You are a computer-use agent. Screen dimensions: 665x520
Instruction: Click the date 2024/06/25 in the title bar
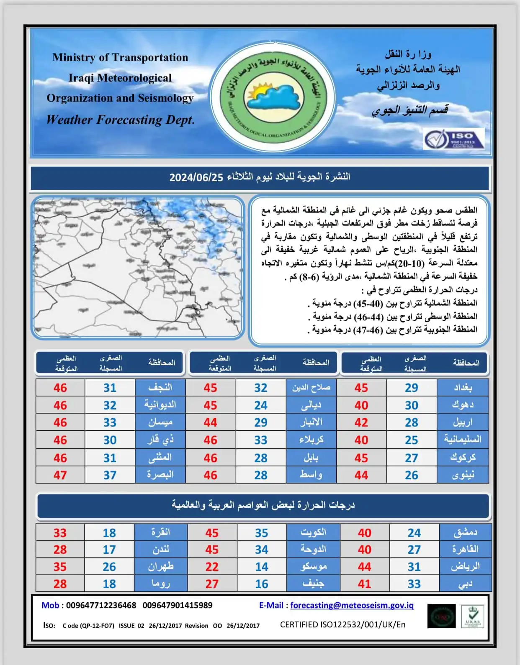point(196,177)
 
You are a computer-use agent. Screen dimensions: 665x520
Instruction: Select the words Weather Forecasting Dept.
point(121,120)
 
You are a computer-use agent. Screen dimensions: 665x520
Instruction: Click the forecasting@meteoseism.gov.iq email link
point(352,605)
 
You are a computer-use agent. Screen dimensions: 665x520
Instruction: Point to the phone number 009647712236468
point(101,605)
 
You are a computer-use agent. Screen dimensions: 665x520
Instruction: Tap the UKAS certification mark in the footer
point(472,616)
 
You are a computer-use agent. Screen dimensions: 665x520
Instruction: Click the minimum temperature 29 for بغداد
point(411,388)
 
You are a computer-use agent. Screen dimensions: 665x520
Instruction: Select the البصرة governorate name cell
point(160,475)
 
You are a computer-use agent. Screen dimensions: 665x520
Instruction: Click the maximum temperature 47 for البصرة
point(60,475)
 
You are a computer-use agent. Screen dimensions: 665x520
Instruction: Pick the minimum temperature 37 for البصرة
point(110,475)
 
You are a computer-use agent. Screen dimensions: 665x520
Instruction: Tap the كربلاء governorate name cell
point(311,440)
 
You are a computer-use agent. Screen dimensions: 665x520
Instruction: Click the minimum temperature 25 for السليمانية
point(411,440)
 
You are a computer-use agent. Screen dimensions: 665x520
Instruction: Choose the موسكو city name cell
point(313,567)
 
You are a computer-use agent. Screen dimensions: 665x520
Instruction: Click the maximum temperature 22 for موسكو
point(212,567)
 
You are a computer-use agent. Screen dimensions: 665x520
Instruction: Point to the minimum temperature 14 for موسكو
point(262,567)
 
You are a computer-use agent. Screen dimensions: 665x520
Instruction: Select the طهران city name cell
point(160,567)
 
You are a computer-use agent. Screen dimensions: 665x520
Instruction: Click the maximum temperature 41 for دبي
point(364,584)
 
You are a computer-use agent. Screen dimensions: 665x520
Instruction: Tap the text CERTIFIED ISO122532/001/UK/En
point(342,624)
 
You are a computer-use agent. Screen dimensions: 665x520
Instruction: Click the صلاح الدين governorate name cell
point(311,388)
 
